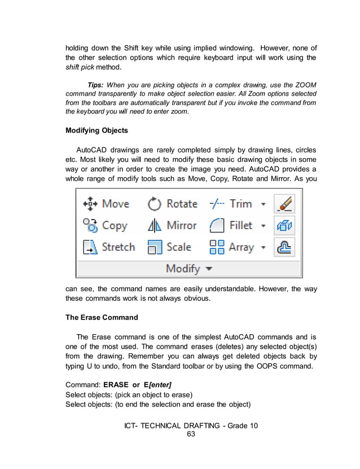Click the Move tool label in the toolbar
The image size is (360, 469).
click(116, 204)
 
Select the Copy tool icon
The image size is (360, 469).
click(90, 226)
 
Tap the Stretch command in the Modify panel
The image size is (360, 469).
click(118, 247)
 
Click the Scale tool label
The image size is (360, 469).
click(178, 247)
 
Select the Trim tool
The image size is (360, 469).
click(240, 204)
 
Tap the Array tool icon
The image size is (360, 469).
click(217, 247)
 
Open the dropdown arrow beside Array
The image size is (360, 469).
click(263, 248)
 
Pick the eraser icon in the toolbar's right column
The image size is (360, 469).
click(284, 204)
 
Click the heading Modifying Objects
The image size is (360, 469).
click(96, 130)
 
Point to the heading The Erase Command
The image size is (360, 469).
click(102, 317)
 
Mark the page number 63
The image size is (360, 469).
click(191, 434)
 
